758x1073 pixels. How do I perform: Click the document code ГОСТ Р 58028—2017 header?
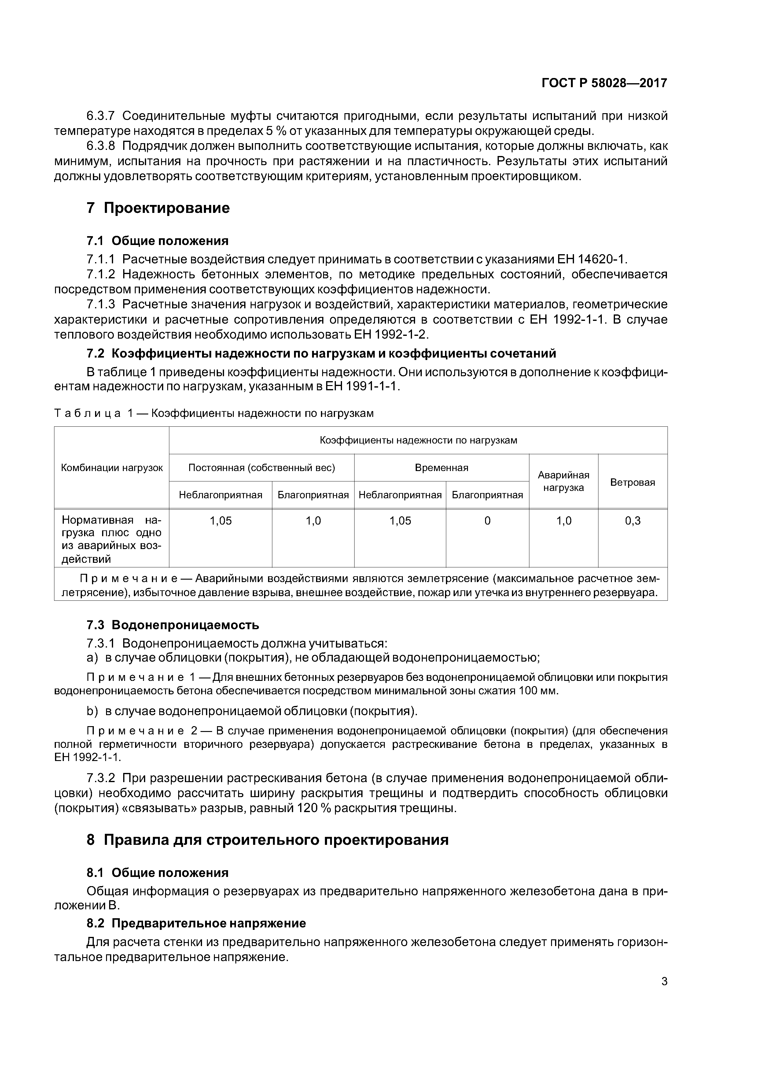coord(604,83)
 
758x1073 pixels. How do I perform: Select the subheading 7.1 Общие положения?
coord(157,241)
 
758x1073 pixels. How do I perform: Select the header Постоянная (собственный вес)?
coord(262,468)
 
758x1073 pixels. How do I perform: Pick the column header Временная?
coord(441,468)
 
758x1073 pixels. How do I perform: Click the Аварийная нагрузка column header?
coord(563,481)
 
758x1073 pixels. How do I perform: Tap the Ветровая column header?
coord(632,482)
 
